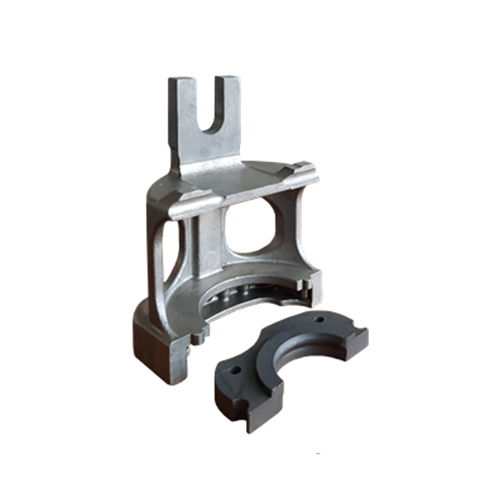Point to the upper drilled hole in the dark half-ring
319,320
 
